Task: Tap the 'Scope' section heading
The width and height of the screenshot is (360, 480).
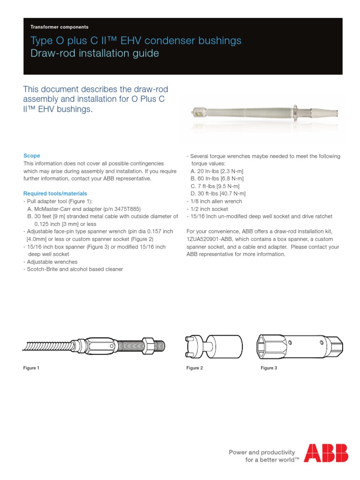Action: coord(32,156)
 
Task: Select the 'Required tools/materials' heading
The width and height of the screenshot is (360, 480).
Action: coord(55,194)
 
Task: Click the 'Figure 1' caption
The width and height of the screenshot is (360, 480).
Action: coord(31,368)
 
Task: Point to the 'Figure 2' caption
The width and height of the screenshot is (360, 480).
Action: coord(195,368)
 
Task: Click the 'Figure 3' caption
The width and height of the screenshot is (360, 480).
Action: coord(269,368)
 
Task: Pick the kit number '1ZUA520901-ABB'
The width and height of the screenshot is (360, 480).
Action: coord(211,239)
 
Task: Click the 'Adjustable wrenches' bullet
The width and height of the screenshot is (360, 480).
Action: coord(51,262)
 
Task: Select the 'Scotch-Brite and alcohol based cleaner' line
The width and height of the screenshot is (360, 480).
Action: coord(73,270)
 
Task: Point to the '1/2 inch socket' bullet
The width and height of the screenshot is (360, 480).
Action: coord(207,209)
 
